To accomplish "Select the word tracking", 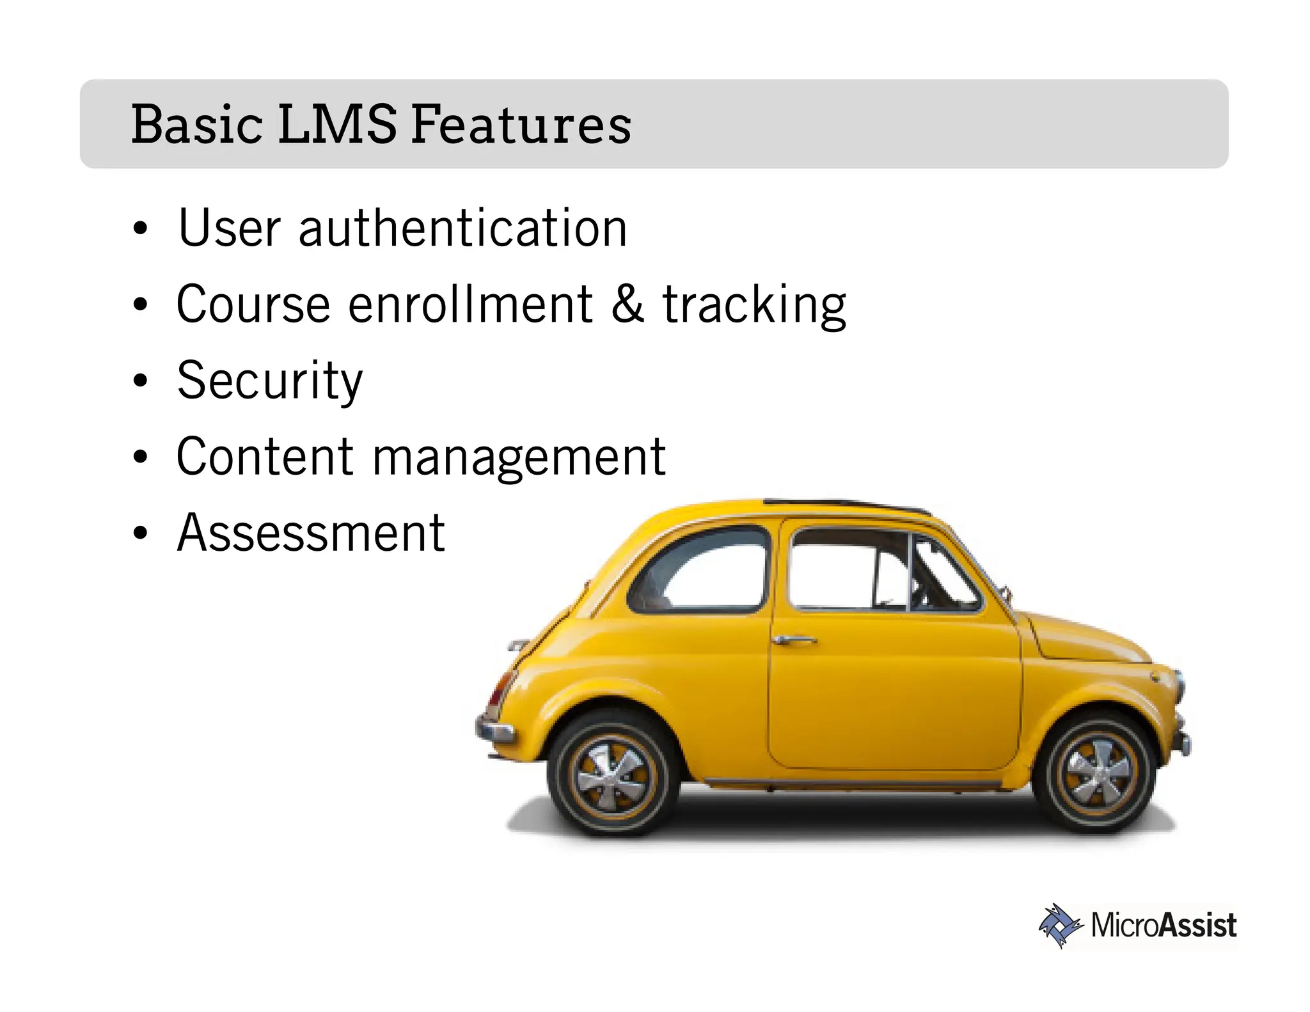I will (x=754, y=306).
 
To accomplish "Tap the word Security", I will (x=269, y=381).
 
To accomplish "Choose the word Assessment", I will (x=311, y=533).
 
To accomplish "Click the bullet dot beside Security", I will (x=140, y=381).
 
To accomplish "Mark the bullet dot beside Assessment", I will (x=140, y=534).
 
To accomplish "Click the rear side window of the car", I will (x=704, y=569).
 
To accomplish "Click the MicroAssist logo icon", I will (x=1059, y=925).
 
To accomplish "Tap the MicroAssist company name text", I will (x=1164, y=926).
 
